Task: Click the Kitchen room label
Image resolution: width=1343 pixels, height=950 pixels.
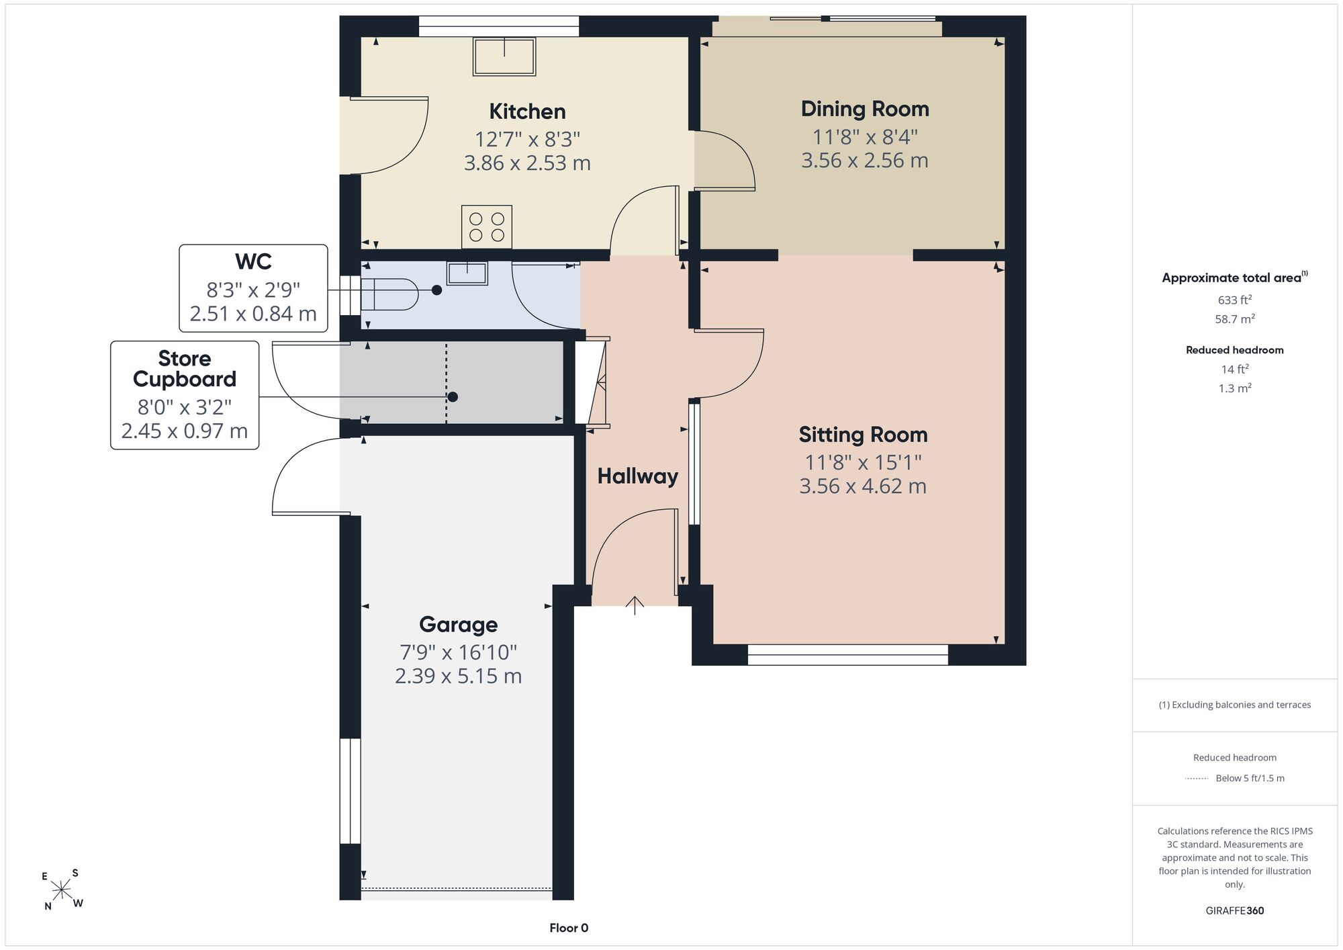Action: coord(527,112)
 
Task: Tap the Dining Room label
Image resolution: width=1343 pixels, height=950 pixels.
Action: coord(865,109)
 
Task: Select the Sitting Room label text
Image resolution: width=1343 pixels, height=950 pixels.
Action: coord(863,435)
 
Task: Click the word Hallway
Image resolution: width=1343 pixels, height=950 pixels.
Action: coord(637,476)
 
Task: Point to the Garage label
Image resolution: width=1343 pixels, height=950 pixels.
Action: coord(458,625)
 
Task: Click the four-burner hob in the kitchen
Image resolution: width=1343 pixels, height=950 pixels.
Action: coord(487,227)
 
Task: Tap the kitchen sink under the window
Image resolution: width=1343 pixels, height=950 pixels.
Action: coord(504,56)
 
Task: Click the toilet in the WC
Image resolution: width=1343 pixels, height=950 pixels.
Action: coord(389,294)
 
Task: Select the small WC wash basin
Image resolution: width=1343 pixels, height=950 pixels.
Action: coord(467,273)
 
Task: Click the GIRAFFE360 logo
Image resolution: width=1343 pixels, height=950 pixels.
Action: coord(1234,911)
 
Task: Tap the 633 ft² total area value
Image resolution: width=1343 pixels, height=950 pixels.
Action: coord(1234,300)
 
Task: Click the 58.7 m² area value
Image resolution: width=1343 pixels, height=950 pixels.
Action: coord(1234,319)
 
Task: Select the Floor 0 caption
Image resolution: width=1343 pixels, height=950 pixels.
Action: coord(569,928)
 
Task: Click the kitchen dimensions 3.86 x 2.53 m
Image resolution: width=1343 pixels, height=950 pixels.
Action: coord(527,163)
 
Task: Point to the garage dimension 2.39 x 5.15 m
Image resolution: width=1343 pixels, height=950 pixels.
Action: coord(458,676)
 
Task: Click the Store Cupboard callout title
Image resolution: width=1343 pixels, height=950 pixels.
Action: coord(185,369)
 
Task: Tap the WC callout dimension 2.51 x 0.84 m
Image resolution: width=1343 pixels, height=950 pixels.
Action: coord(253,314)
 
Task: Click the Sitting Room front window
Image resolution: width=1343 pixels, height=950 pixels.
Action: coord(847,654)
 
